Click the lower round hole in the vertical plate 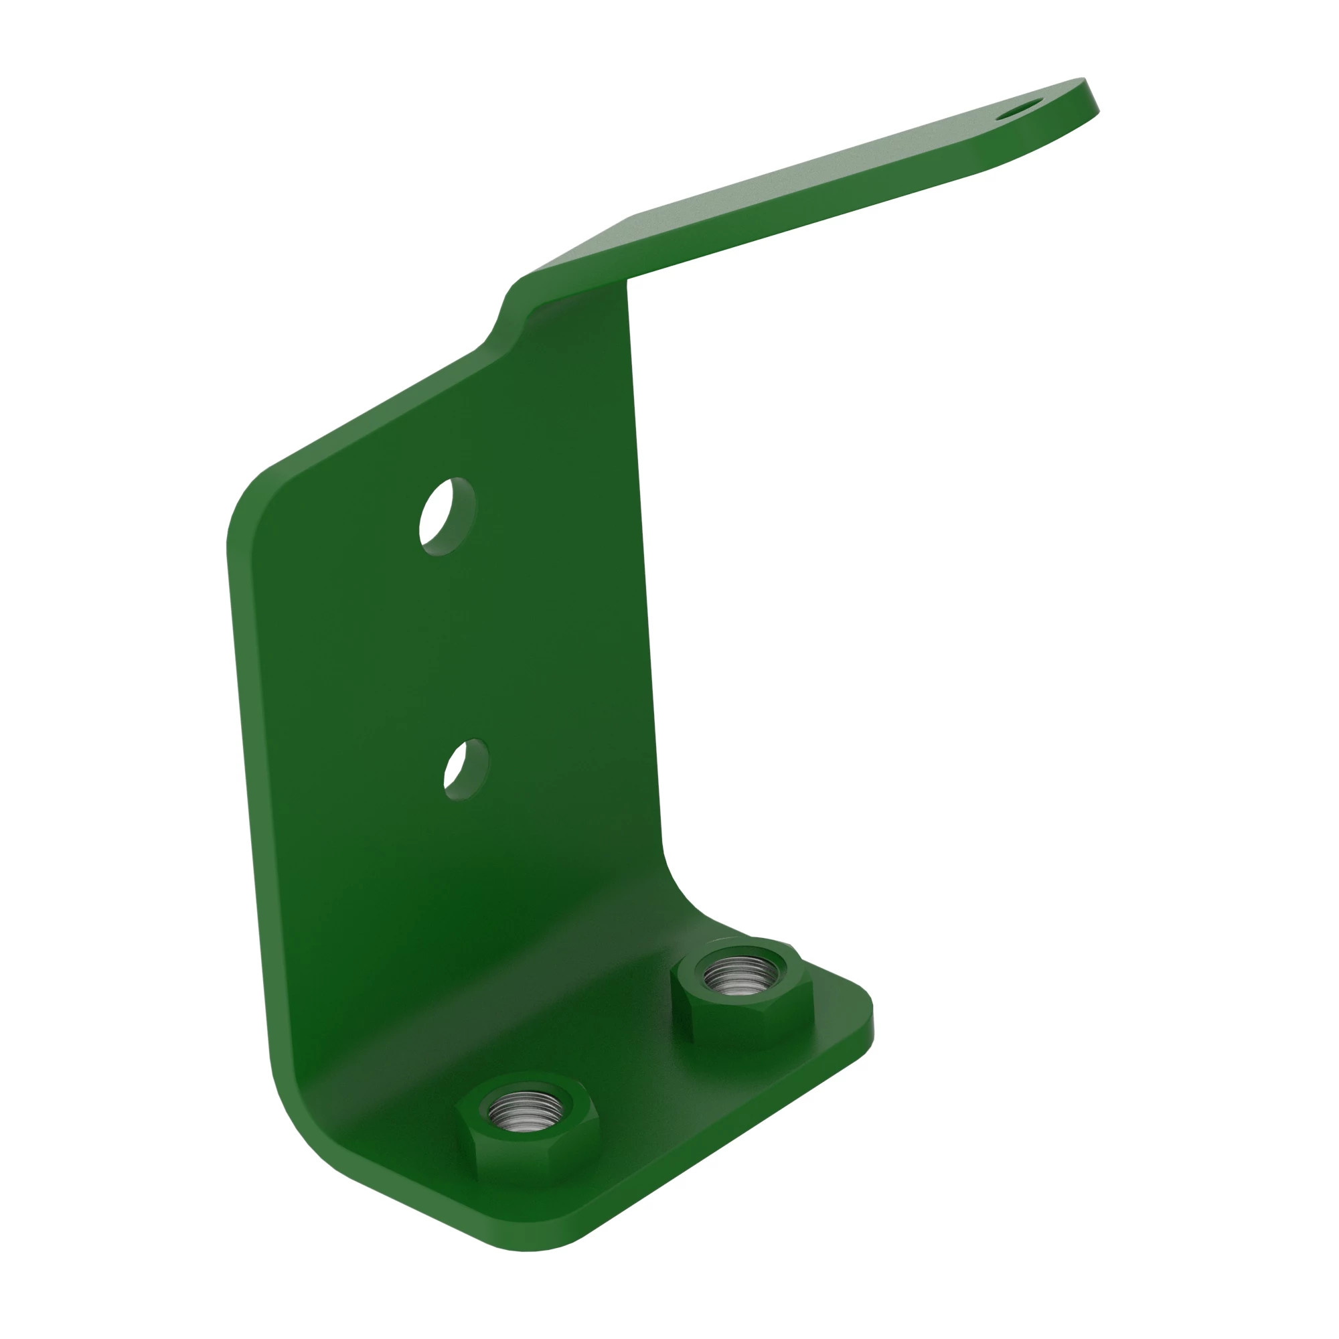tap(466, 770)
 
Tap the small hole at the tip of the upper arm tap(1023, 108)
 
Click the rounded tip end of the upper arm tap(1088, 97)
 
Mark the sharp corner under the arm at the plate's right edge tap(627, 281)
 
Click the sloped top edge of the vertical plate tap(374, 409)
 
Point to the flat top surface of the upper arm tap(797, 187)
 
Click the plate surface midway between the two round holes tap(457, 645)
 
